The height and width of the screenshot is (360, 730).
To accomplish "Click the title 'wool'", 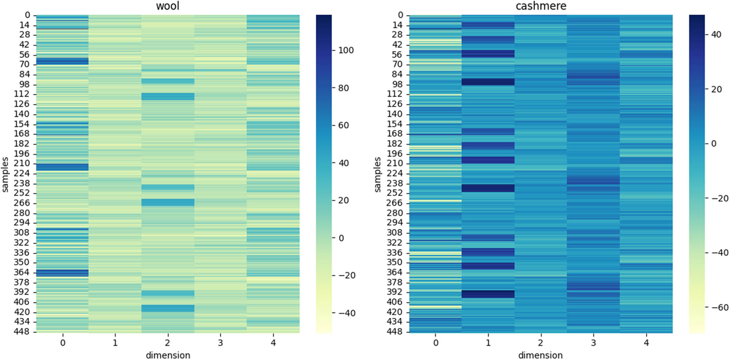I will (168, 6).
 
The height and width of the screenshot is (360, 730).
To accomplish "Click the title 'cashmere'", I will (541, 6).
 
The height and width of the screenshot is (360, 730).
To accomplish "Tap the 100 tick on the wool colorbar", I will (345, 50).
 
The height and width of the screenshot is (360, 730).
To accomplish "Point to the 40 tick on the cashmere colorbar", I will (716, 35).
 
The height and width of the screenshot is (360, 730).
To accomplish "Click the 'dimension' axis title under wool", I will (168, 355).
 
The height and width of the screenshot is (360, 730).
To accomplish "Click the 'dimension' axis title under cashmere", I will (540, 355).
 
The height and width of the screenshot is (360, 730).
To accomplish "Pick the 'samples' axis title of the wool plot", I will (5, 174).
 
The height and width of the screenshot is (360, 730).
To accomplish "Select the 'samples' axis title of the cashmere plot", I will (377, 174).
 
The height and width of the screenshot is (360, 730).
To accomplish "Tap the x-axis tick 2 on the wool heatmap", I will (168, 342).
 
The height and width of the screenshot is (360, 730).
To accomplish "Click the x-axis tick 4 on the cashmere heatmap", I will (646, 342).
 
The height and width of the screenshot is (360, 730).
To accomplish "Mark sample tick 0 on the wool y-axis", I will (27, 15).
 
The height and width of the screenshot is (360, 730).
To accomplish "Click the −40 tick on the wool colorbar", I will (346, 313).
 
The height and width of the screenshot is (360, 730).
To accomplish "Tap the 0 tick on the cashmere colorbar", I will (714, 143).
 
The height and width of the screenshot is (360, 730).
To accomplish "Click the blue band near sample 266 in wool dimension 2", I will (168, 202).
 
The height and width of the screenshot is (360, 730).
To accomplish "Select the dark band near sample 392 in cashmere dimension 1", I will (488, 294).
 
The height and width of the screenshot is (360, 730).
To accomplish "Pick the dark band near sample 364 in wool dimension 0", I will (62, 273).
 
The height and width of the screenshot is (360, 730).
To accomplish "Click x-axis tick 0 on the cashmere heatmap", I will (435, 342).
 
